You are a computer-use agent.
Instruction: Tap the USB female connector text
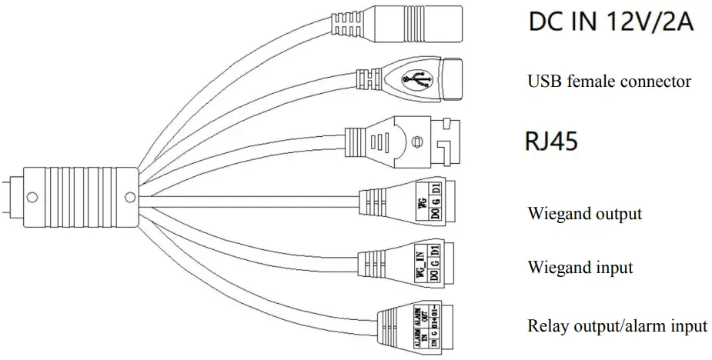pos(609,81)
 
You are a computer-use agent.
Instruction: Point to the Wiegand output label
pos(584,213)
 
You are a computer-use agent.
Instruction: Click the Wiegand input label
pos(580,268)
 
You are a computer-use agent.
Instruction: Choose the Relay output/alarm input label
pos(617,325)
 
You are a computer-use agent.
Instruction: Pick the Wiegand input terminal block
pos(422,261)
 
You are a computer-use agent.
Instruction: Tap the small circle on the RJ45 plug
pos(416,142)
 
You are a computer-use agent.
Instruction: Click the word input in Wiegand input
pos(613,268)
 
